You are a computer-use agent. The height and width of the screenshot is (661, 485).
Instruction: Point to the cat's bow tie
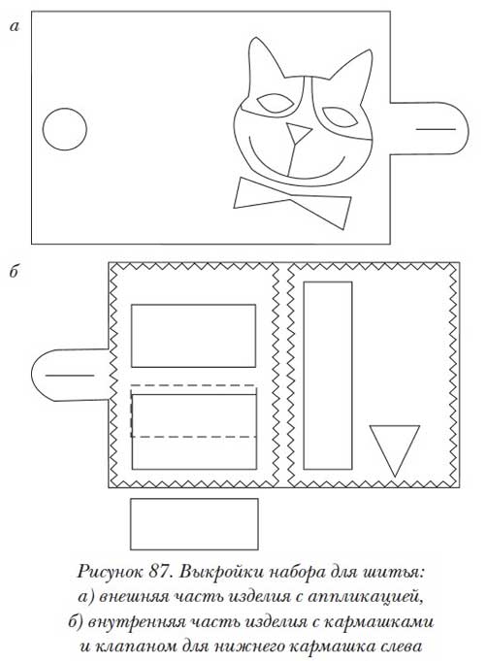pyautogui.click(x=292, y=203)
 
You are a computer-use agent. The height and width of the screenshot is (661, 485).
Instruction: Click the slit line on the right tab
pyautogui.click(x=436, y=129)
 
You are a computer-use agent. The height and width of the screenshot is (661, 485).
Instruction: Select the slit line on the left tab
pyautogui.click(x=70, y=376)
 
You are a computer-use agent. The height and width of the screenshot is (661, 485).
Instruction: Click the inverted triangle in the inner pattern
pyautogui.click(x=395, y=446)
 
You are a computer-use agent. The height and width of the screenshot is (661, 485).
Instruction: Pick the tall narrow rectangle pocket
pyautogui.click(x=328, y=376)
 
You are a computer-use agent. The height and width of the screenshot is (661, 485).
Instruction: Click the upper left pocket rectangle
pyautogui.click(x=193, y=336)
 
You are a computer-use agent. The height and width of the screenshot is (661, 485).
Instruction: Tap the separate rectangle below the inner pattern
pyautogui.click(x=194, y=524)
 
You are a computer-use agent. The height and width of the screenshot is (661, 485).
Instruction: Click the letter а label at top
pyautogui.click(x=14, y=27)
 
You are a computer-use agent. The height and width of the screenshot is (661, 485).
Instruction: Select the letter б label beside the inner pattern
pyautogui.click(x=14, y=272)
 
